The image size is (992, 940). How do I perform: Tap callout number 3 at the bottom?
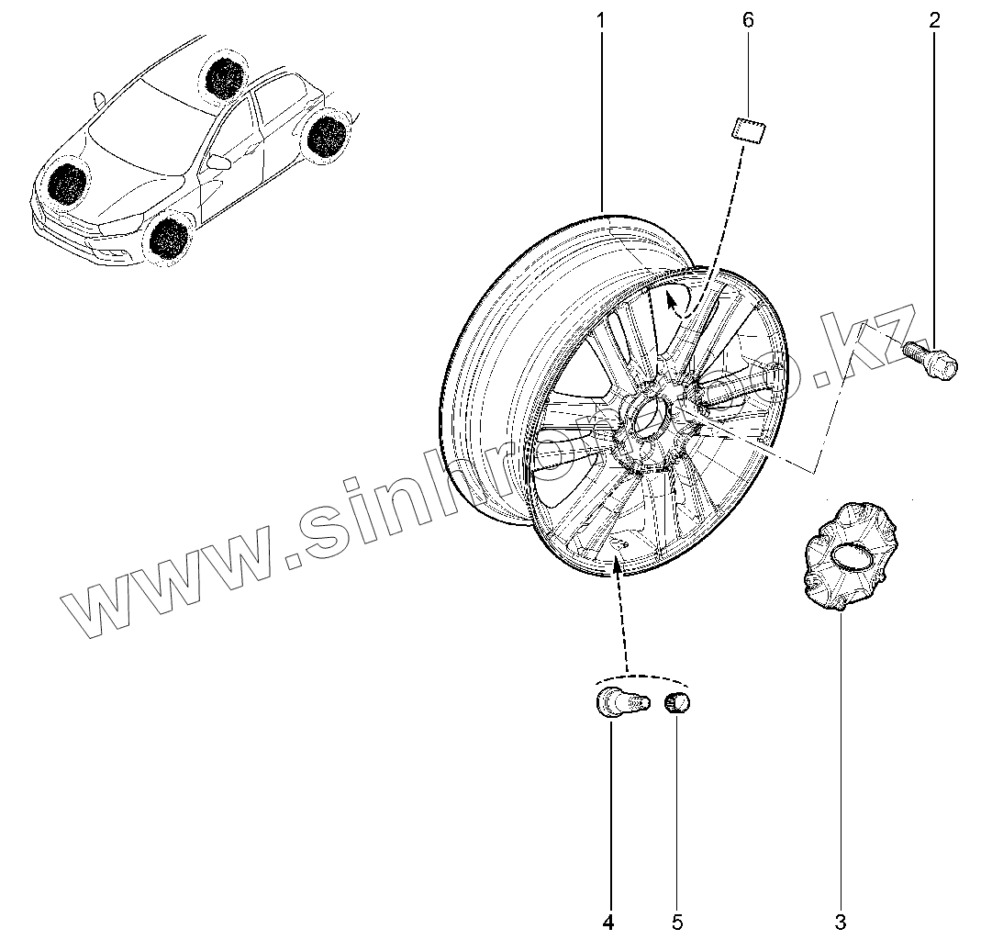click(841, 920)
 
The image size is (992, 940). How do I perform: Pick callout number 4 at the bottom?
click(608, 920)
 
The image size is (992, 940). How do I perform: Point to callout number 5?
click(676, 920)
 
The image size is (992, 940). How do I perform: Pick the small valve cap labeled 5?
click(677, 704)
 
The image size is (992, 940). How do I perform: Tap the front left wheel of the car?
click(168, 236)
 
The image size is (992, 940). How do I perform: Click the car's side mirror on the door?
click(219, 162)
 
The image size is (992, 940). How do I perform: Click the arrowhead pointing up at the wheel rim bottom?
click(617, 565)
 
